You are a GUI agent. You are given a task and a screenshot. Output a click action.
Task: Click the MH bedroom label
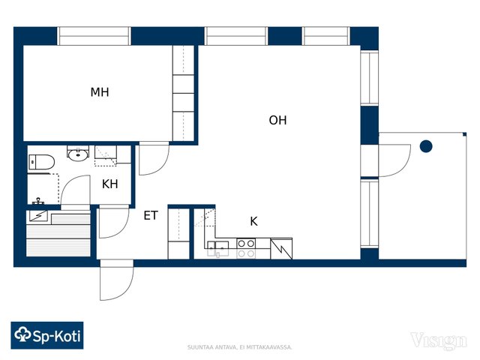100,92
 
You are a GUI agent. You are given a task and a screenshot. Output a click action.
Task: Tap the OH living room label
277,120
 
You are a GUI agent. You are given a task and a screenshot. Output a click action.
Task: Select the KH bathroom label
110,184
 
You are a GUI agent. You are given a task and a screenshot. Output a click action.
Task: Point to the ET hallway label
151,215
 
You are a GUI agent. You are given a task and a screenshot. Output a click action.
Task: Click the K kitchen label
253,221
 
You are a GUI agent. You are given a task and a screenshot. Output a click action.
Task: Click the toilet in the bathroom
42,162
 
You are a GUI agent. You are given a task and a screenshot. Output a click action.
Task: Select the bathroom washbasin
78,154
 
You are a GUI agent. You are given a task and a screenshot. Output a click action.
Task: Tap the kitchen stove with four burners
246,248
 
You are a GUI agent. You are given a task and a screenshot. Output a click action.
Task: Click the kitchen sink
218,248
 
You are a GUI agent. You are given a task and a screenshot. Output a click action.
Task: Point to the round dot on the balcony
426,146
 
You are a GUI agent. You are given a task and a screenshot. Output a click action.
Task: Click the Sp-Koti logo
47,335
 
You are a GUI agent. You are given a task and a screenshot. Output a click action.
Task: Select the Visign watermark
439,340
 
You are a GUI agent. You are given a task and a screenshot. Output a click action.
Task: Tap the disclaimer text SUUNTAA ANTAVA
212,347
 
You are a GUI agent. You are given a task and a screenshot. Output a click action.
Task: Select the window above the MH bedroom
94,36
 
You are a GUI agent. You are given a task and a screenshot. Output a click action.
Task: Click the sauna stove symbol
38,215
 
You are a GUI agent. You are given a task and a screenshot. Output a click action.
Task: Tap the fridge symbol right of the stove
281,248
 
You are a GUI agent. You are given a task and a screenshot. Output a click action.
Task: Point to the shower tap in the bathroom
38,201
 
